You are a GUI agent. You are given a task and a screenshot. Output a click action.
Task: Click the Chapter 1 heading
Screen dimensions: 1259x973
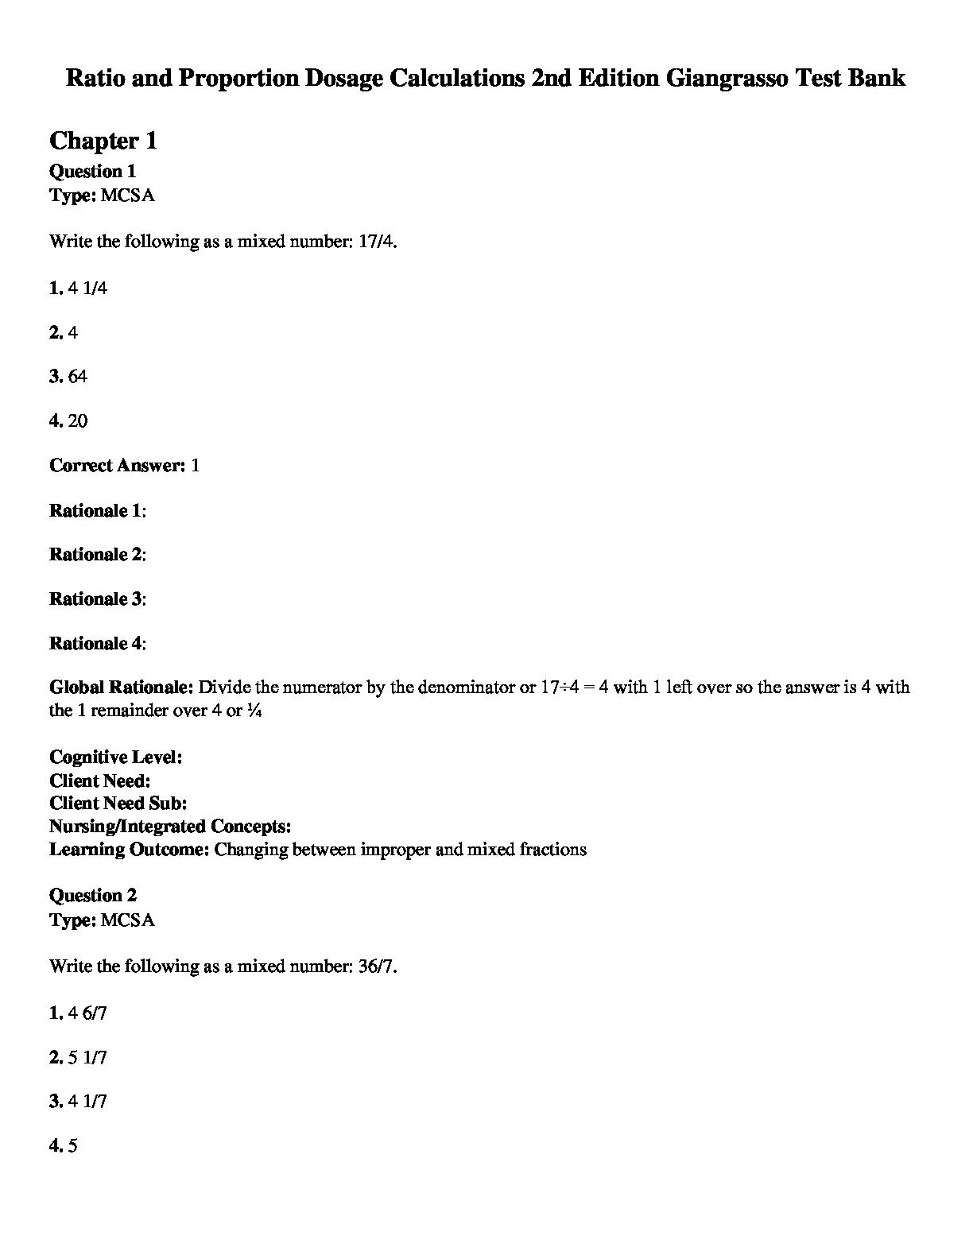(103, 141)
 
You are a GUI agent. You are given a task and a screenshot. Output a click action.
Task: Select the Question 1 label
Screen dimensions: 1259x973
(92, 172)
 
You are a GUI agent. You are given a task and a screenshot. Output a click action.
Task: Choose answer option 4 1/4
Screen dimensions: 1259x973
(87, 288)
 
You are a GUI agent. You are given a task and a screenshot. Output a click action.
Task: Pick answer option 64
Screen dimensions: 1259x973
(77, 377)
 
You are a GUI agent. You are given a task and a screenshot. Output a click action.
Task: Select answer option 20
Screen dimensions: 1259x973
(78, 421)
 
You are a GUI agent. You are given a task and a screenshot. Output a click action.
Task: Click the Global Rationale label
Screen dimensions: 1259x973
(121, 688)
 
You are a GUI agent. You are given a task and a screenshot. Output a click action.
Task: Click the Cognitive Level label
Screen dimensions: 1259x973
(115, 757)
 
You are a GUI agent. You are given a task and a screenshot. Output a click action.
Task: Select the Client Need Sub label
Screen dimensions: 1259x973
(118, 804)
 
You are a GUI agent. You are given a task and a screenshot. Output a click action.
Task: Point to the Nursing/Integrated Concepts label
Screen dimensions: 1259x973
(169, 827)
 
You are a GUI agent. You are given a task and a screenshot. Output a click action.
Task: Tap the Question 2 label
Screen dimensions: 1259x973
(92, 896)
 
